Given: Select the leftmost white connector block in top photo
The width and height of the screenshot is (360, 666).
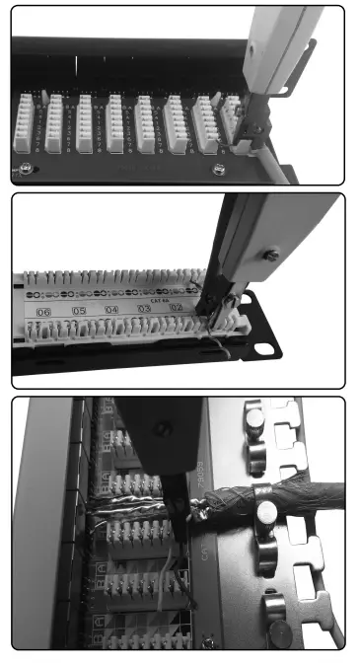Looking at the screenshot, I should (x=25, y=124).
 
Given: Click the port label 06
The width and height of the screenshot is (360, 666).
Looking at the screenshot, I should (x=43, y=311).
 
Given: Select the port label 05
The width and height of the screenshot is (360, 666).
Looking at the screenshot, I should (x=78, y=311).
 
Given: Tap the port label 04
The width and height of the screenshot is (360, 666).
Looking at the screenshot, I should (x=111, y=311).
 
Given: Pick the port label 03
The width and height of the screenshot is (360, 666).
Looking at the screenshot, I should (x=145, y=310).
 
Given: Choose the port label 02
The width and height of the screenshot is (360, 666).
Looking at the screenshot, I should (x=177, y=309).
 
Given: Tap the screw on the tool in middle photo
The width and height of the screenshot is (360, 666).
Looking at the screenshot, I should (x=272, y=258).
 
